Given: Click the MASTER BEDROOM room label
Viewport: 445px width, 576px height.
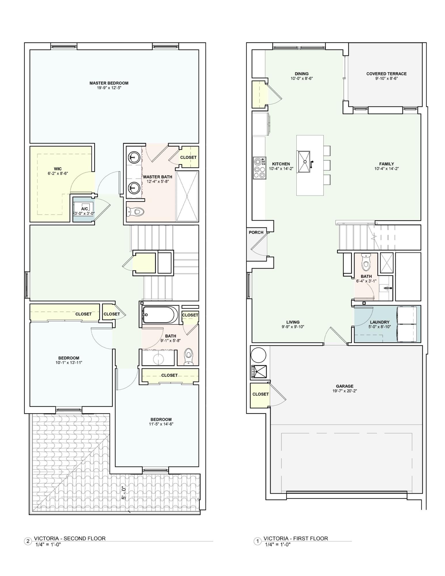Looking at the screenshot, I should [x=109, y=83].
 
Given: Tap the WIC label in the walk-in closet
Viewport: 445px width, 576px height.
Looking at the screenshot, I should [x=58, y=169].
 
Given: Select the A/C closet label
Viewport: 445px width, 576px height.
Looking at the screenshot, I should [x=84, y=209].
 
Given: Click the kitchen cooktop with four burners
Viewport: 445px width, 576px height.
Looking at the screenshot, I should [x=259, y=168].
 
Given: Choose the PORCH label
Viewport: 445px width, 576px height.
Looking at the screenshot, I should [x=256, y=232].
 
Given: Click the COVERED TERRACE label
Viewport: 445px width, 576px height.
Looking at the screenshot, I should [x=386, y=74].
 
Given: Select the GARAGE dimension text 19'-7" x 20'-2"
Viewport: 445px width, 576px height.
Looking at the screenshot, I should [x=344, y=391].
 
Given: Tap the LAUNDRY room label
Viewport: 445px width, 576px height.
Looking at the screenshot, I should [x=380, y=322].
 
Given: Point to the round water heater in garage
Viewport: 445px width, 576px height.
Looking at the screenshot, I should [x=258, y=355].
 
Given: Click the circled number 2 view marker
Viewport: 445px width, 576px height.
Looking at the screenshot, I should [x=28, y=541].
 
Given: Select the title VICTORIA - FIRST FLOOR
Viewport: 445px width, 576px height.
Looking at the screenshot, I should [x=296, y=539].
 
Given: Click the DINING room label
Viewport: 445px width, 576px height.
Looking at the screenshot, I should [x=302, y=74].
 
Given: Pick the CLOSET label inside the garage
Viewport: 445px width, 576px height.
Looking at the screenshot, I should [x=260, y=394].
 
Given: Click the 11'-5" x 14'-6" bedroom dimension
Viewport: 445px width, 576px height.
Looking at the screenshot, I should [x=161, y=424].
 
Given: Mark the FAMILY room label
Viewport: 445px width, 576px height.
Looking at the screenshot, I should [x=387, y=164].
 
